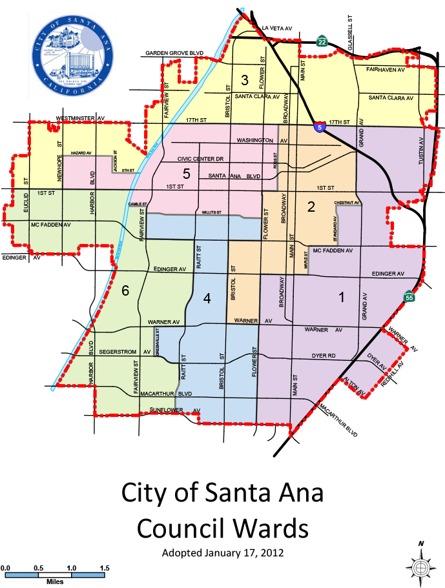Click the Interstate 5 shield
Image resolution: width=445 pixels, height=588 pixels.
click(320, 128)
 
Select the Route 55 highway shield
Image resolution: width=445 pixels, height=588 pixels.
click(409, 297)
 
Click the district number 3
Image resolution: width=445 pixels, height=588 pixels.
click(244, 81)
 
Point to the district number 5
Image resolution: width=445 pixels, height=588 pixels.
click(187, 174)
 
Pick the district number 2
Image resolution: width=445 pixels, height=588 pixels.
click(311, 207)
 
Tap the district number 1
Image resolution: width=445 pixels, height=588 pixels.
click(342, 297)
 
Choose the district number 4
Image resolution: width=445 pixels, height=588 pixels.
click(207, 298)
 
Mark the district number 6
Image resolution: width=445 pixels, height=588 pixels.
click(125, 291)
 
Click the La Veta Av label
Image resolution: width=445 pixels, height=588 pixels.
click(277, 28)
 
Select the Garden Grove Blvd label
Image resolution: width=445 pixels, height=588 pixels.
click(174, 53)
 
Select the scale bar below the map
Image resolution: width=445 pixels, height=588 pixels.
click(55, 574)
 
